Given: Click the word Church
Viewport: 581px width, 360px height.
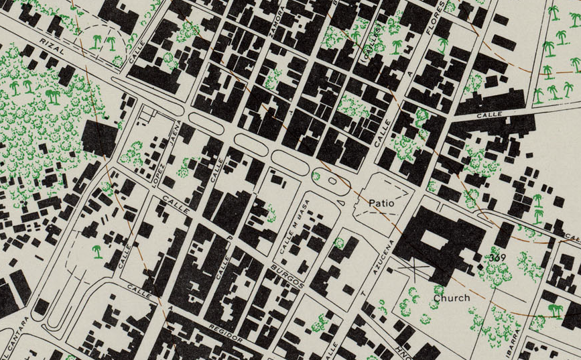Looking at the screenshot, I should tap(451, 297).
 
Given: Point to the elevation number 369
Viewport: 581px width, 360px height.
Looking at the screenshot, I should tap(497, 257).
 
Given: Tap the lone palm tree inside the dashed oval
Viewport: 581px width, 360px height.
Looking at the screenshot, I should tap(99, 251).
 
